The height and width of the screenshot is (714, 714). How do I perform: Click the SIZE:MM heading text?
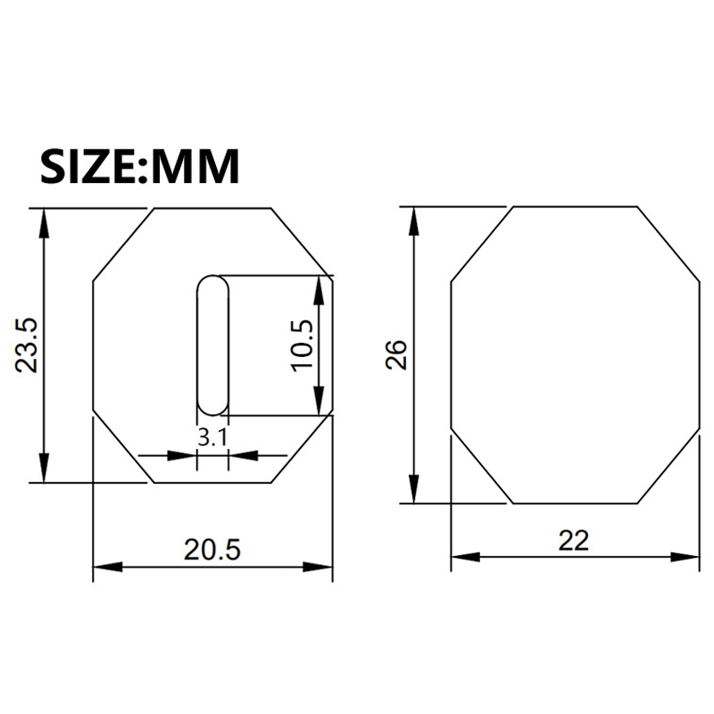(x=140, y=166)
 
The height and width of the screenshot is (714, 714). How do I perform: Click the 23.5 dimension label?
(x=26, y=345)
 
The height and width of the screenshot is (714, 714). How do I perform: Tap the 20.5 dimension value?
(x=212, y=549)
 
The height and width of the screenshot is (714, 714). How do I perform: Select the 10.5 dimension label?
(x=303, y=346)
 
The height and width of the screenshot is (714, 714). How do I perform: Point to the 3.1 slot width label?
(x=212, y=438)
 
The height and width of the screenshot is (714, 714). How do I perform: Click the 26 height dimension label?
(x=396, y=354)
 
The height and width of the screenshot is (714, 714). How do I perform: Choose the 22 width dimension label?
(x=573, y=541)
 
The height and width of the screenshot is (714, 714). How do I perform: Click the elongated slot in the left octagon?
(x=212, y=345)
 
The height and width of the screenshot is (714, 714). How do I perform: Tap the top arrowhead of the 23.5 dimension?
(x=44, y=223)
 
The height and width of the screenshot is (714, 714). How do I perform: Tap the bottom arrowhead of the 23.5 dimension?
(x=44, y=468)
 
